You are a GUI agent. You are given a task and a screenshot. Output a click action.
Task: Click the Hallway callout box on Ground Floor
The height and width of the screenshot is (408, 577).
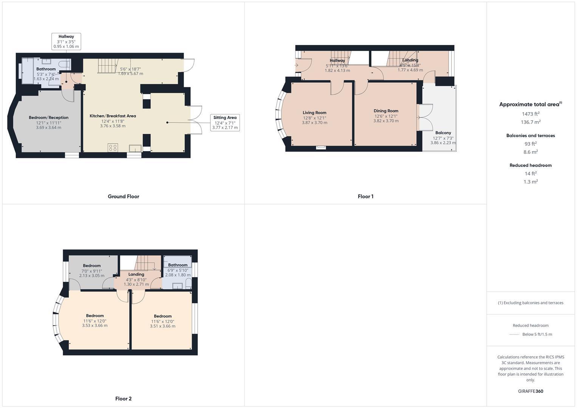[x=66, y=42]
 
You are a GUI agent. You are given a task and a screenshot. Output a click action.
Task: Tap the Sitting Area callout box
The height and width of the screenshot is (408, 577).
[x=225, y=123]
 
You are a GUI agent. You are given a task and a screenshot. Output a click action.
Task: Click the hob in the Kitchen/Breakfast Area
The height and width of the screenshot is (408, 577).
[x=113, y=148]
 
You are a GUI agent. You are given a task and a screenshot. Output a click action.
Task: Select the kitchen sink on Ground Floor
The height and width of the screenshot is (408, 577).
[x=135, y=148]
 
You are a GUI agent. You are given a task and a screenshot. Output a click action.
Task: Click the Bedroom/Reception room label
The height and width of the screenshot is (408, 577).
[x=48, y=117]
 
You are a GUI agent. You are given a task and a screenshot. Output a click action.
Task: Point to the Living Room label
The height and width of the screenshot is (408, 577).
[x=314, y=113]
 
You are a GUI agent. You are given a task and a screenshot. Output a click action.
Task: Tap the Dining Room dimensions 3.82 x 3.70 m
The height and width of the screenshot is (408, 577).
[x=386, y=121]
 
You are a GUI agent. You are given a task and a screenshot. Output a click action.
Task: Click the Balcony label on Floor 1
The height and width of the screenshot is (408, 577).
[x=443, y=133]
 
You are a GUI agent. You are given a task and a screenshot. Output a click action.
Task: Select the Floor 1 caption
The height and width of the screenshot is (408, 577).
[x=365, y=196]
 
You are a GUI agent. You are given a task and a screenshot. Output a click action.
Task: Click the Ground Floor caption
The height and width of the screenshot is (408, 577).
[x=124, y=196]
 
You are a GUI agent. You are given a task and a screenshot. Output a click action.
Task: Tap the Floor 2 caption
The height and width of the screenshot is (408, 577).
[x=124, y=399]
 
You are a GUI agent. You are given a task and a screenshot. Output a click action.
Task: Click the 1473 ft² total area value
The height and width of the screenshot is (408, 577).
[x=531, y=114]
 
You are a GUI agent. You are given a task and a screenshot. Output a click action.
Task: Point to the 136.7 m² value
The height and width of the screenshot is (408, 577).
[x=531, y=122]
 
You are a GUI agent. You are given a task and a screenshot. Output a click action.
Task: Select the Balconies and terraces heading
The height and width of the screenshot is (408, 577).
[x=531, y=136]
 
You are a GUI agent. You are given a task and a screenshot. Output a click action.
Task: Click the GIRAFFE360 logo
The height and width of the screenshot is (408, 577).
[x=531, y=391]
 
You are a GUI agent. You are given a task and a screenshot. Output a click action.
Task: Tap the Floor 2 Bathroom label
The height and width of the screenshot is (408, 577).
[x=178, y=265]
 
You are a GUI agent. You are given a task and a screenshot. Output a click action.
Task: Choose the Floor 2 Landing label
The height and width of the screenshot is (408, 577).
[x=136, y=274]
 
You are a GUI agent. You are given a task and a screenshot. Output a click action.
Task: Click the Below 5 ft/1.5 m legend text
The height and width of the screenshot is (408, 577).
[x=537, y=334]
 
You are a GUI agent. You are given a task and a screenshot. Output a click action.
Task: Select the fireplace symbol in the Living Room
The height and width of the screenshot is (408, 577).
[x=321, y=147]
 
